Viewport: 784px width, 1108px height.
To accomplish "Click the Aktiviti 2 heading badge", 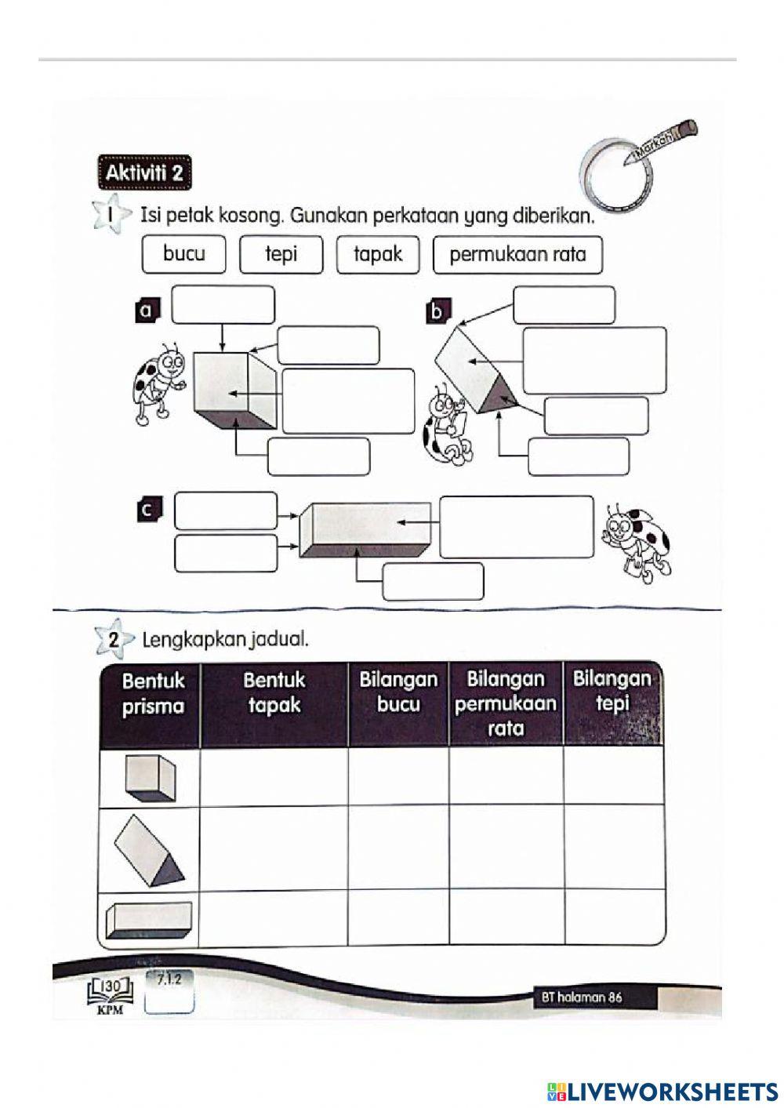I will point(143,173).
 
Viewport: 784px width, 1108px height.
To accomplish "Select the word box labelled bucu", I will point(184,254).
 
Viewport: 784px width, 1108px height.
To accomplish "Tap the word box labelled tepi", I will point(281,254).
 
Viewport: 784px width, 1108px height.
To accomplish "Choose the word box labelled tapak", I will point(378,254).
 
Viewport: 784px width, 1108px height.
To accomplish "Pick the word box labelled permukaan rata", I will point(517,255).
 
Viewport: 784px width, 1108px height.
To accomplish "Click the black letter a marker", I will point(145,311).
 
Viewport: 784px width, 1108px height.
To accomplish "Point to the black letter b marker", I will point(437,312).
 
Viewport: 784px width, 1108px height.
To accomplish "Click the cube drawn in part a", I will point(233,391).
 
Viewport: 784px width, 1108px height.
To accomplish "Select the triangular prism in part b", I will point(474,369).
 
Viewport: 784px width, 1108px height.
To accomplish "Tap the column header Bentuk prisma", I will point(153,693).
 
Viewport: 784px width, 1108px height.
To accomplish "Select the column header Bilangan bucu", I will point(398,692).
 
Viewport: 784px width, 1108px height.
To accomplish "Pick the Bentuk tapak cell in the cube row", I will point(274,776).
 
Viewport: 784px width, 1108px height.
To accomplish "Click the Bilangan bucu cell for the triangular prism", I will point(398,848).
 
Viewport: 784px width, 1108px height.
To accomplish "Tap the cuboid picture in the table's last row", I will point(149,919).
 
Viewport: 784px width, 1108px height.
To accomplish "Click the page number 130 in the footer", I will point(111,986).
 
